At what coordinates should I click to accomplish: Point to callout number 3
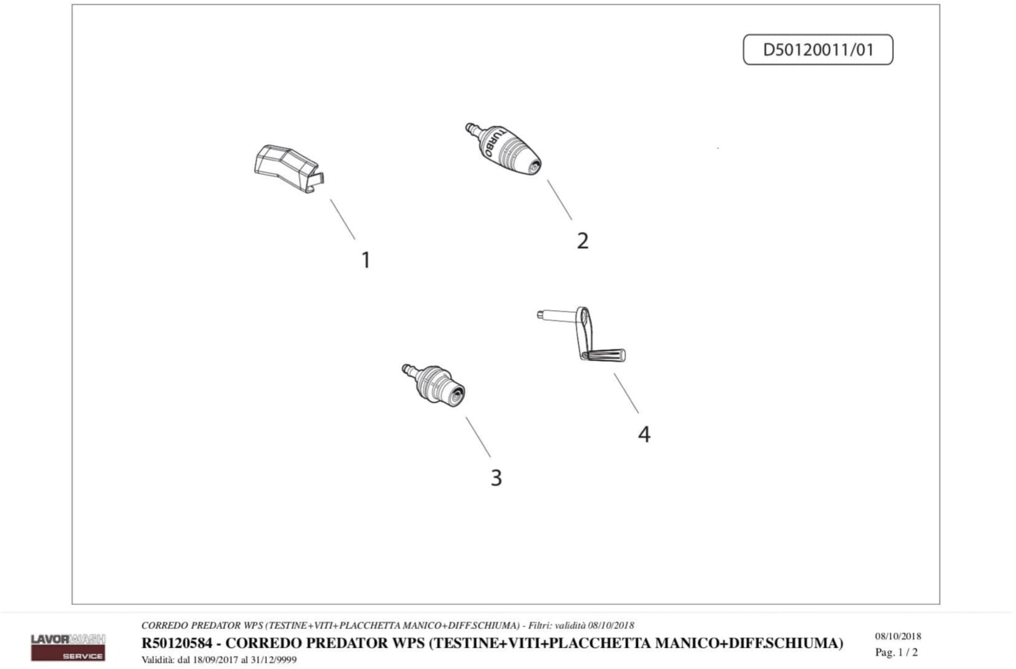pyautogui.click(x=496, y=478)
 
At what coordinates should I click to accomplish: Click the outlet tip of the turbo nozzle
pyautogui.click(x=534, y=168)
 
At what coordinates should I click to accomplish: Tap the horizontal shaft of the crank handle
pyautogui.click(x=557, y=316)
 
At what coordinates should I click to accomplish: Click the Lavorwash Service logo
pyautogui.click(x=68, y=647)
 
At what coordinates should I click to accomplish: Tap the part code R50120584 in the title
pyautogui.click(x=177, y=643)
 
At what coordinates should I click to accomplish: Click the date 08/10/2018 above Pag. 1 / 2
pyautogui.click(x=898, y=636)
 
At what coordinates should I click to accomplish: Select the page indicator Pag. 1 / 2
pyautogui.click(x=896, y=652)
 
